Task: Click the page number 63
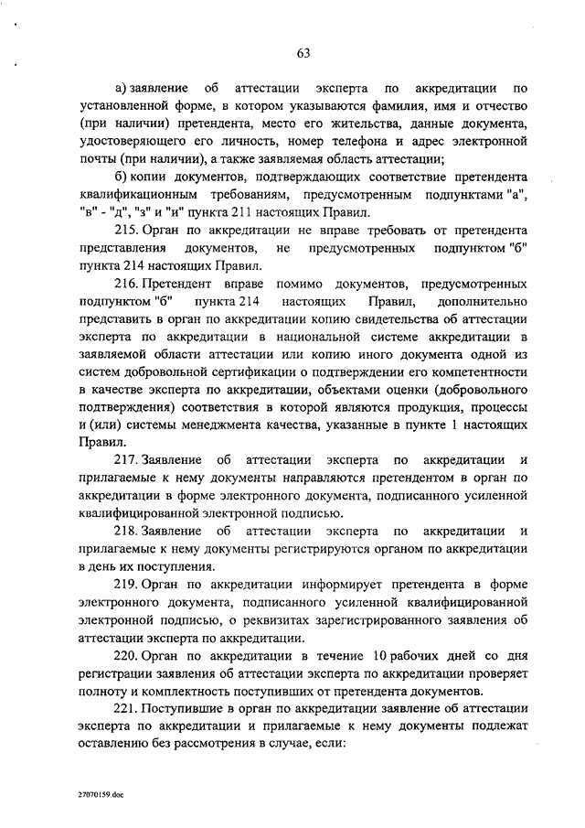[x=303, y=52]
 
